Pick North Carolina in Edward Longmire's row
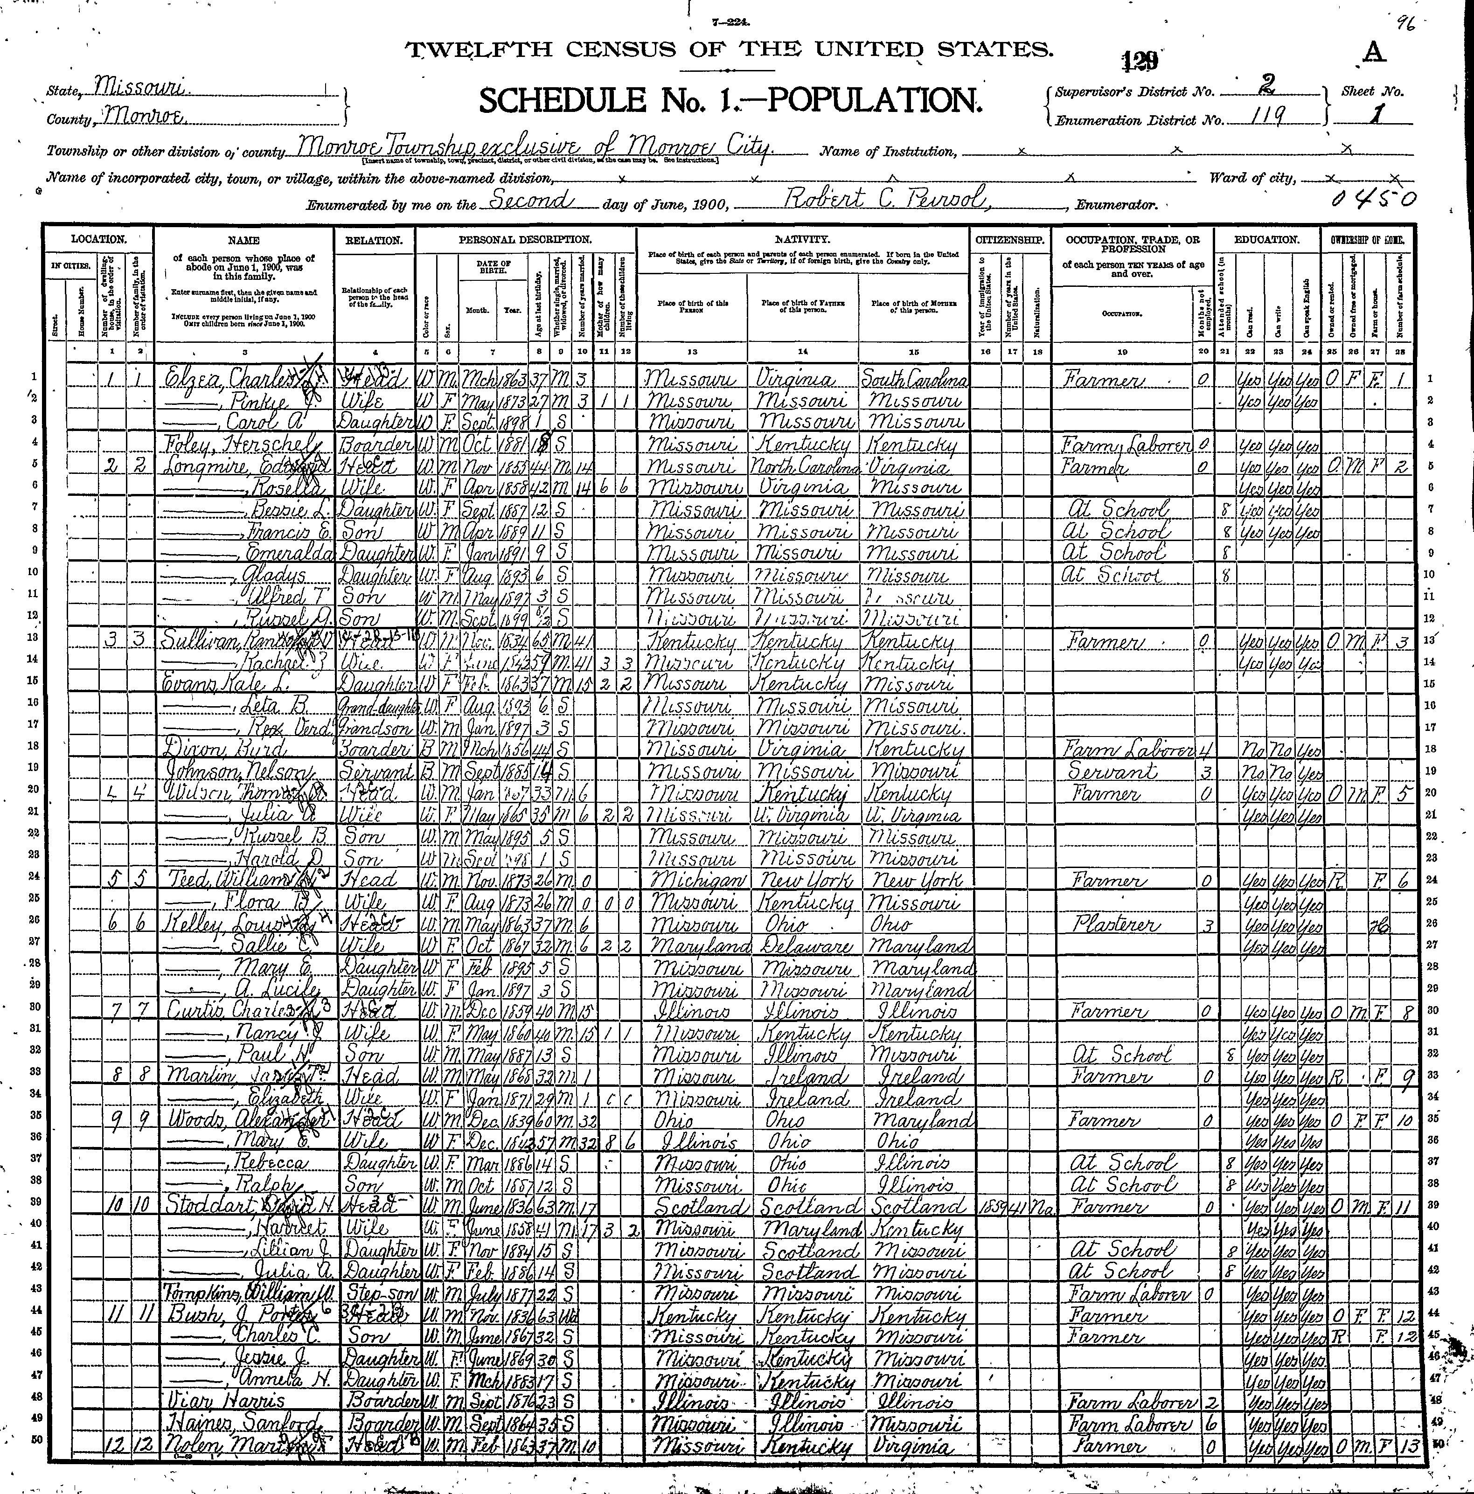pyautogui.click(x=802, y=467)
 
